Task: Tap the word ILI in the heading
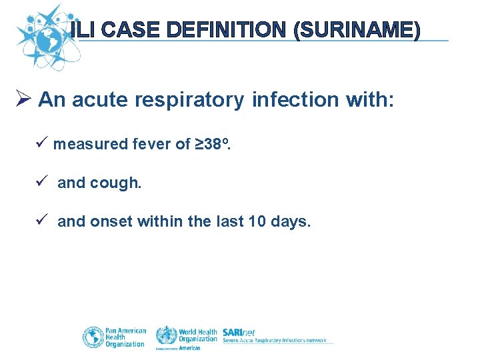coord(85,30)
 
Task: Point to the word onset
coord(111,221)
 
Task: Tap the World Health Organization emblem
coord(166,334)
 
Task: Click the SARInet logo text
coord(239,332)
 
